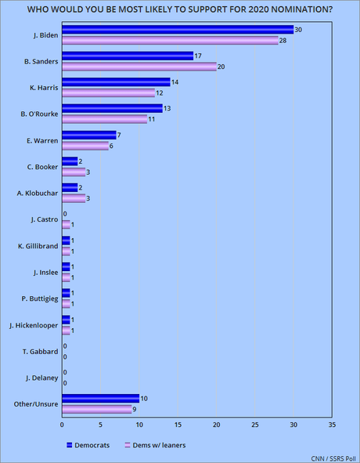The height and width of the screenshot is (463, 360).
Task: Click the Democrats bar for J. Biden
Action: (178, 30)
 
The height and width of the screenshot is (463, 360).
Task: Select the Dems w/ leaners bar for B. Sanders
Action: (139, 67)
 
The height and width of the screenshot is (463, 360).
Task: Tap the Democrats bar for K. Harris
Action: (117, 82)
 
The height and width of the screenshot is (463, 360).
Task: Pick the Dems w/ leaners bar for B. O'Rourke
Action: (105, 119)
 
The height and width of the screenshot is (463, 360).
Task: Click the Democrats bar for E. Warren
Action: (89, 135)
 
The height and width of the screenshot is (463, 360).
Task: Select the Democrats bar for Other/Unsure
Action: (101, 398)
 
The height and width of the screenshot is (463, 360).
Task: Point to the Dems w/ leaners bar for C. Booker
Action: (74, 172)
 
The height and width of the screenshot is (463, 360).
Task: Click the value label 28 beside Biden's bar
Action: (283, 41)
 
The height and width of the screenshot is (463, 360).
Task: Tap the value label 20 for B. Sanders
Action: (221, 67)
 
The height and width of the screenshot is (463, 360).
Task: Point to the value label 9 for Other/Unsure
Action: (135, 410)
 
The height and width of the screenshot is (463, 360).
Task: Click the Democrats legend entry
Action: (88, 445)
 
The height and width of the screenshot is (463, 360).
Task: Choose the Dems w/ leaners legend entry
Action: (155, 445)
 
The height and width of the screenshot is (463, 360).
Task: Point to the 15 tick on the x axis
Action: (178, 425)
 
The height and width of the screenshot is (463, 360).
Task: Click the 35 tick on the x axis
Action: (332, 425)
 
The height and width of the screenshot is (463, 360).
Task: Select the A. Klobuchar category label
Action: (38, 194)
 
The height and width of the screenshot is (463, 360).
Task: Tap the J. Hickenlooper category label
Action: (34, 325)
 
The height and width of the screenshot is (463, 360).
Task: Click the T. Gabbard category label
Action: (41, 352)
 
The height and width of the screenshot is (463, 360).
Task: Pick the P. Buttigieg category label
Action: (40, 298)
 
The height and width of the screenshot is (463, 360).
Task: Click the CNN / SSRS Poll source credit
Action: (333, 458)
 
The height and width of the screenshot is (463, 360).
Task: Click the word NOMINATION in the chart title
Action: (301, 9)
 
